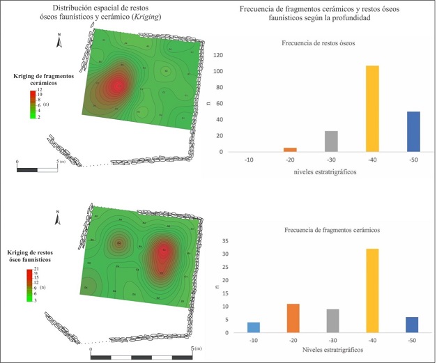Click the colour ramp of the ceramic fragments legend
click(x=31, y=105)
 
